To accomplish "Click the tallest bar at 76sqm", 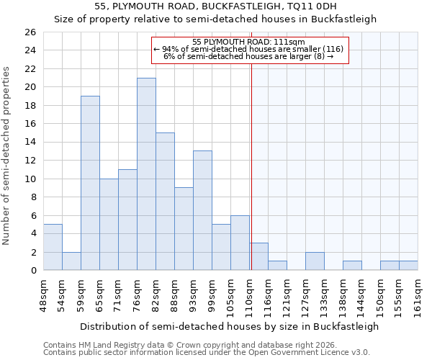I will click(x=146, y=174).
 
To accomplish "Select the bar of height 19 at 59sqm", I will click(x=90, y=183).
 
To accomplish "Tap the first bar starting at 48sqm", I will click(x=53, y=247).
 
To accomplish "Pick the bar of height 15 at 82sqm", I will click(x=165, y=202).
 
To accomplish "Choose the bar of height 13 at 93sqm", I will click(x=202, y=210).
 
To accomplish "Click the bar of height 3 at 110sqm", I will click(x=258, y=256).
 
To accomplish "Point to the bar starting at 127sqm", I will click(x=315, y=261).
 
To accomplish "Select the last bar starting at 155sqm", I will click(x=408, y=266).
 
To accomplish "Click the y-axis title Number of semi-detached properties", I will click(x=6, y=155).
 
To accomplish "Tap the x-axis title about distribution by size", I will click(x=229, y=326).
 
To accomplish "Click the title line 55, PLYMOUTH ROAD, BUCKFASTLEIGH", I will click(x=215, y=6).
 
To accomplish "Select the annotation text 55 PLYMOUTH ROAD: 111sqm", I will click(x=249, y=42).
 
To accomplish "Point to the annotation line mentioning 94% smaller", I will click(x=249, y=49).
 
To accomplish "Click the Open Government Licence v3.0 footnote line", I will click(x=207, y=352).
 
